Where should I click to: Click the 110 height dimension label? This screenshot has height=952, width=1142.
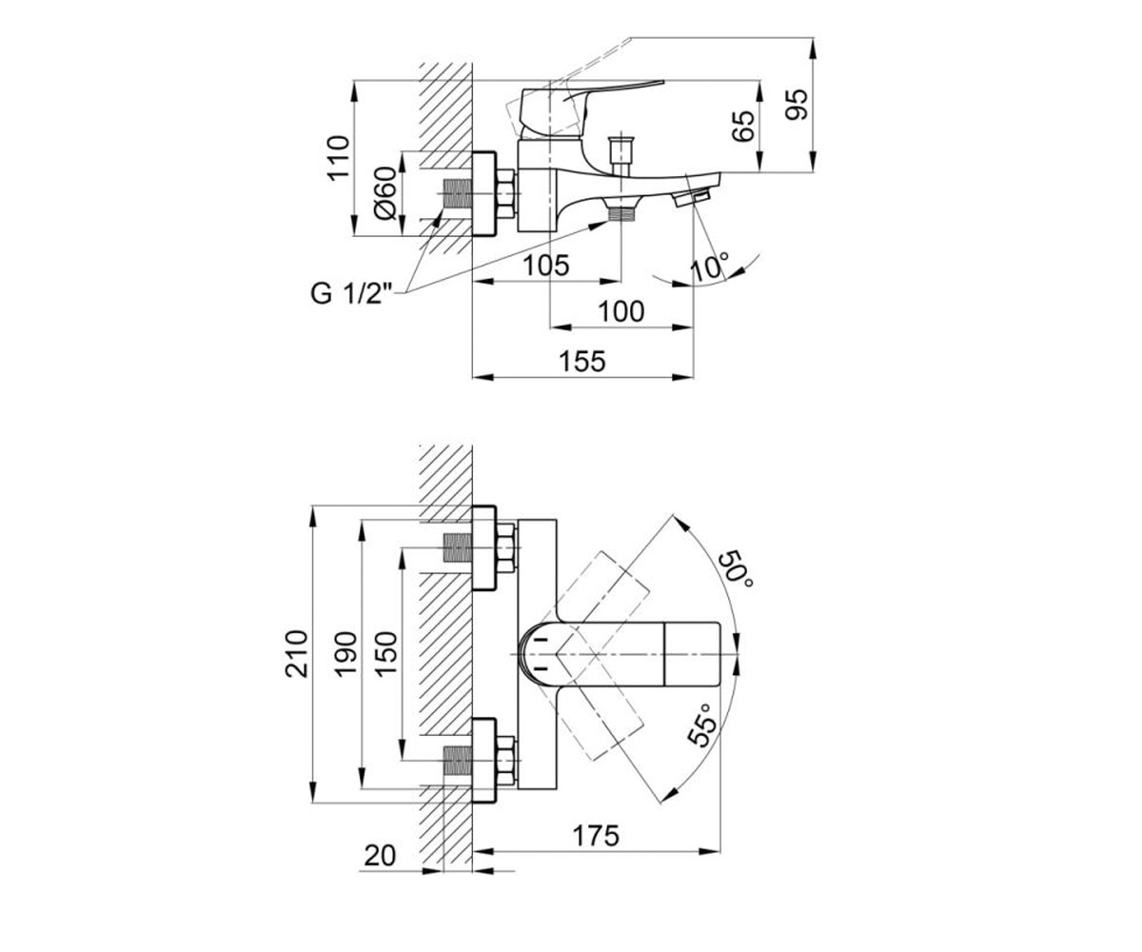[x=339, y=156]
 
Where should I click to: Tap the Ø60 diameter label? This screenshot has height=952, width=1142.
[x=385, y=192]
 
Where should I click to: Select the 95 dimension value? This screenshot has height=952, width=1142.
[x=797, y=105]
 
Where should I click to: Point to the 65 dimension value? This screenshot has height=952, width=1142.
[x=743, y=127]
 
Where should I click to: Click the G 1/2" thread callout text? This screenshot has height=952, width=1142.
[x=352, y=294]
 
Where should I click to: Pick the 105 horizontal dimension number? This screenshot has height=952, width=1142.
[x=546, y=266]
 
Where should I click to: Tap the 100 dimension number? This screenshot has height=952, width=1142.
[x=621, y=312]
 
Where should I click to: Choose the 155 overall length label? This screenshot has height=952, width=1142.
[x=582, y=362]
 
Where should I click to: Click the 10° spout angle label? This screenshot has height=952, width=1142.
[x=710, y=267]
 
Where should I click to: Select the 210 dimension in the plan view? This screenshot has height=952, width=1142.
[x=296, y=654]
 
